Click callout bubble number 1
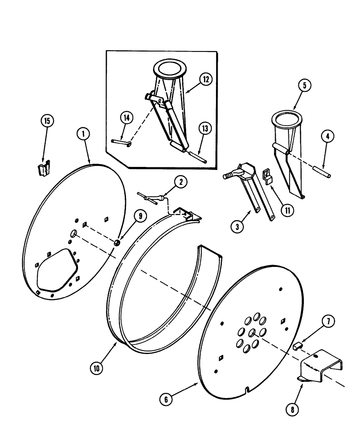84,133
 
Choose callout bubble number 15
48,121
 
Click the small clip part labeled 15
44,169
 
